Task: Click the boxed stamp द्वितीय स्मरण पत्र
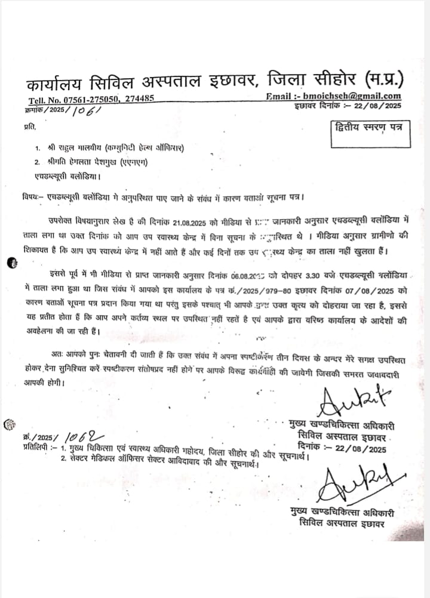[369, 127]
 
